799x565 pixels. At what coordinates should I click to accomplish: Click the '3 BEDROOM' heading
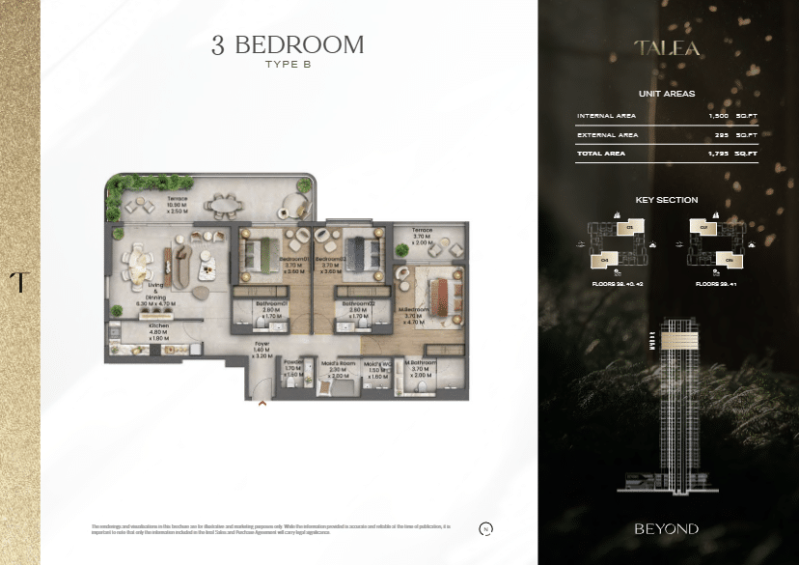(x=288, y=44)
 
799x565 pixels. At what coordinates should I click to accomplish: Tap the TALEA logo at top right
(x=667, y=46)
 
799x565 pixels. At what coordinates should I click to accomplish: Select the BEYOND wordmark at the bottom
(x=667, y=529)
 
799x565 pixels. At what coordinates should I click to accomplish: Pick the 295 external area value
(x=720, y=135)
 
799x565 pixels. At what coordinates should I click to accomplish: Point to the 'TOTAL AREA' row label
(x=601, y=154)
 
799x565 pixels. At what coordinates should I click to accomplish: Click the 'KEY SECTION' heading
(x=667, y=200)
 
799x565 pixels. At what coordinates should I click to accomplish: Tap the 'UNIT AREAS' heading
(x=667, y=94)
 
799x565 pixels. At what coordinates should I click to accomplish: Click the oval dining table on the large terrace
(x=229, y=205)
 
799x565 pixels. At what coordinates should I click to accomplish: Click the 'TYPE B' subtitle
(x=288, y=66)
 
